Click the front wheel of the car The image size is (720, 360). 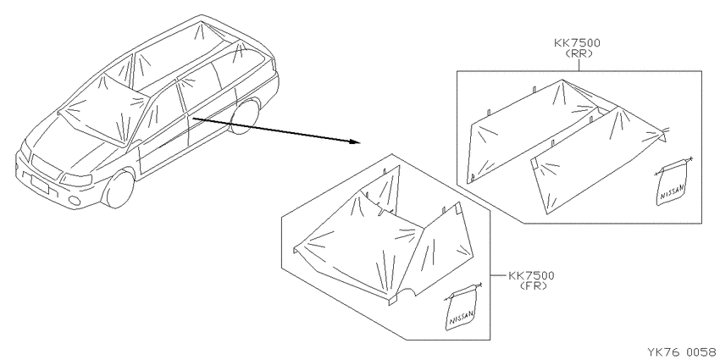point(119,189)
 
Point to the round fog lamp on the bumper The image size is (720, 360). point(74,200)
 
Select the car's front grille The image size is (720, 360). point(46,167)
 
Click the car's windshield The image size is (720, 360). point(103,113)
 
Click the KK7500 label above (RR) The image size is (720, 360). point(577,43)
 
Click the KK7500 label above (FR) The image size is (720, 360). point(531,275)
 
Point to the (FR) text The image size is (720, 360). point(534,285)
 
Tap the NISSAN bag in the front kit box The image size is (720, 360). point(462,307)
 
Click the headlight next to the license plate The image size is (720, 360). point(75,179)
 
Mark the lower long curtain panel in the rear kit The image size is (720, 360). point(597,161)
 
